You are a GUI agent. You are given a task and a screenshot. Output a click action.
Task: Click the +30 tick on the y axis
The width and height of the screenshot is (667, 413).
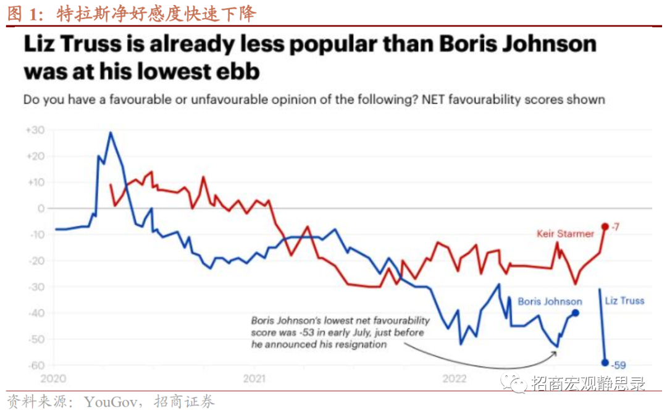click(35, 130)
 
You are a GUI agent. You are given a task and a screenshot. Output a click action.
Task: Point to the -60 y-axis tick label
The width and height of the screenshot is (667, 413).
click(35, 365)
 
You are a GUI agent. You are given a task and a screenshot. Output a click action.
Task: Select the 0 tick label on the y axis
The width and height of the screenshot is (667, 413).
click(40, 209)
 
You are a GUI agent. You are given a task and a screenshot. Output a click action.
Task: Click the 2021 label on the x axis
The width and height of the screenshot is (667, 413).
click(254, 378)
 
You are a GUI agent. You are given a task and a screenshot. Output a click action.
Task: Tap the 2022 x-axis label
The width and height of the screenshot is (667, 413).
click(455, 378)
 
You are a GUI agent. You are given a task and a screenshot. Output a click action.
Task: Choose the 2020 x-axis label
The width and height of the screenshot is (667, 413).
click(54, 378)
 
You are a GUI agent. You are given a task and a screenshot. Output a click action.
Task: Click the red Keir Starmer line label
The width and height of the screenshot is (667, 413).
click(565, 233)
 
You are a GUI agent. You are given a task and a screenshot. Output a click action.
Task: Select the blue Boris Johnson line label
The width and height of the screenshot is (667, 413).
click(550, 301)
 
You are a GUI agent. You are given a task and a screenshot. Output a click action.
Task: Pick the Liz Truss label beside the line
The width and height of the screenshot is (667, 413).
click(624, 301)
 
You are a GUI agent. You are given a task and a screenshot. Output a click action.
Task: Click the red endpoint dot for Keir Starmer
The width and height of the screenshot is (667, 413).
click(605, 227)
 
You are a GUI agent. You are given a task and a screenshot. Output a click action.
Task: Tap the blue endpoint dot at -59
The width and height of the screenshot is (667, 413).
click(605, 363)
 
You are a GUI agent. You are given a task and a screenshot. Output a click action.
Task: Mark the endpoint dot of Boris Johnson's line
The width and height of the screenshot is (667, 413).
click(576, 313)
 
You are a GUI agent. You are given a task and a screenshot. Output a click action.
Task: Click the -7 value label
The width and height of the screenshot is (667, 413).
click(615, 227)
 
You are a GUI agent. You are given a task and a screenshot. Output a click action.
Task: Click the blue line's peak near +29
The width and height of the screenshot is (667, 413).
click(110, 133)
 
